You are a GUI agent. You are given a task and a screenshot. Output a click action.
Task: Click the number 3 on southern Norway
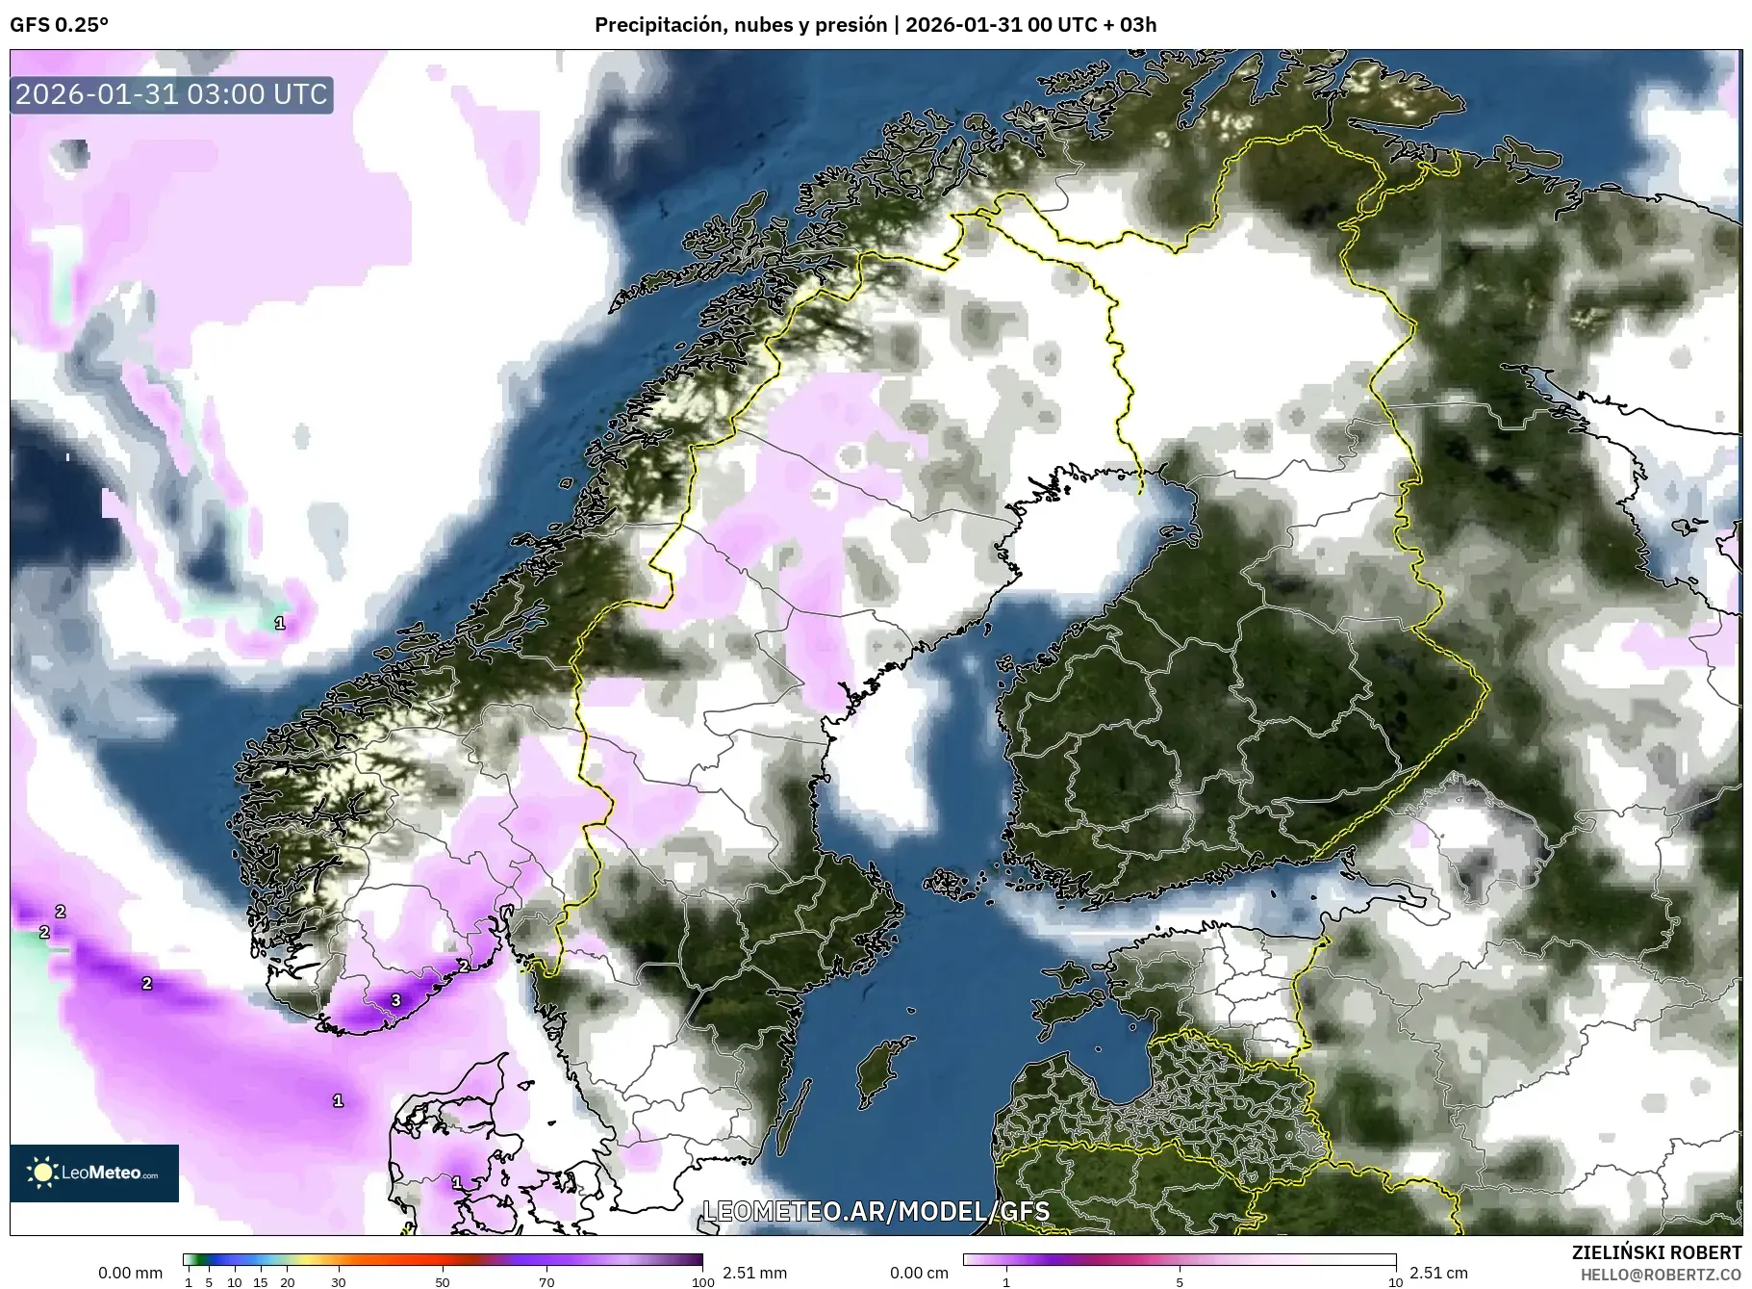[x=395, y=1001]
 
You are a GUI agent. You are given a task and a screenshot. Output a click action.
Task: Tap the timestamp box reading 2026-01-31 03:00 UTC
[x=172, y=94]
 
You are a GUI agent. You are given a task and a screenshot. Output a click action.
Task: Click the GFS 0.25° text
[x=59, y=25]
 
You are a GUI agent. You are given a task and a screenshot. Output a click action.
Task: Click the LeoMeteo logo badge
[x=94, y=1173]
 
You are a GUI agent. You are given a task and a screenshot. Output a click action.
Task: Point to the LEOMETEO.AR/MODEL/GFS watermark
[x=876, y=1211]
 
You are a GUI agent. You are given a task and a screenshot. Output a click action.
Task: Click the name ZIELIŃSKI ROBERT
[x=1656, y=1252]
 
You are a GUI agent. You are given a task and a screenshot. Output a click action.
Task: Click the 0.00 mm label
[x=130, y=1273]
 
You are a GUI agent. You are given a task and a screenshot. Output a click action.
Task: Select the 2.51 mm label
[x=754, y=1273]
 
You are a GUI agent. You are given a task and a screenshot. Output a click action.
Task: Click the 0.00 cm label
[x=919, y=1273]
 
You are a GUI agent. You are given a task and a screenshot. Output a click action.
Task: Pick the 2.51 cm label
[x=1438, y=1273]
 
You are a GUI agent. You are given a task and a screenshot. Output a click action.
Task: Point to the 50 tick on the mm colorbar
[x=442, y=1282]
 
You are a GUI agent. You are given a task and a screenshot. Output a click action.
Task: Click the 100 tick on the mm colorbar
[x=703, y=1282]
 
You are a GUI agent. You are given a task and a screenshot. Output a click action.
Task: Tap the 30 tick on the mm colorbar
[x=338, y=1282]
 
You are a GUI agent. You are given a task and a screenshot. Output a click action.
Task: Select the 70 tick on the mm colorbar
[x=546, y=1282]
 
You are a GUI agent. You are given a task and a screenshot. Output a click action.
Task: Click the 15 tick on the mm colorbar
[x=260, y=1282]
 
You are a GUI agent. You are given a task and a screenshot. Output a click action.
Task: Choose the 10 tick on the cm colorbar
[x=1395, y=1282]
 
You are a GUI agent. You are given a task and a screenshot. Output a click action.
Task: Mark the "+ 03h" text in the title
[x=1130, y=25]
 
